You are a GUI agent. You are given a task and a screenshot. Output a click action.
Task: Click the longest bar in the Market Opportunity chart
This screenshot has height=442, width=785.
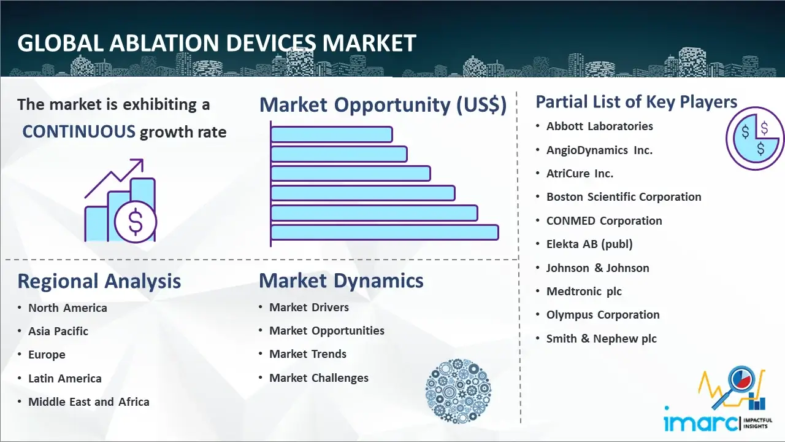385,233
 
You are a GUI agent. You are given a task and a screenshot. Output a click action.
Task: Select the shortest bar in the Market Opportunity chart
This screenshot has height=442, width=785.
332,134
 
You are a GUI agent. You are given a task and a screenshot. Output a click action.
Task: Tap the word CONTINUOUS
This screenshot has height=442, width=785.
79,132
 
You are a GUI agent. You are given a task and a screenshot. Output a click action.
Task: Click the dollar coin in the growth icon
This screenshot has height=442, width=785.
136,222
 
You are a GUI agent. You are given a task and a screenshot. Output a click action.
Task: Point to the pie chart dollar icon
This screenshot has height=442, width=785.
755,139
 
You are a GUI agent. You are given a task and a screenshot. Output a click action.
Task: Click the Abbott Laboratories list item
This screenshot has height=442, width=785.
600,126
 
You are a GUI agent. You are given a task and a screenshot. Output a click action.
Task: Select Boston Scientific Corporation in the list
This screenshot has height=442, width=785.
624,197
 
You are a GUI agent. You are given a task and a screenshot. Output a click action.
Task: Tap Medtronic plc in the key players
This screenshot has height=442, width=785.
584,292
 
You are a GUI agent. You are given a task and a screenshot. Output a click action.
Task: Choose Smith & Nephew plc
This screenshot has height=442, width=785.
602,338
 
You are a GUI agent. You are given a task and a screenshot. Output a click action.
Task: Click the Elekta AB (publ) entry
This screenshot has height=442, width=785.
589,244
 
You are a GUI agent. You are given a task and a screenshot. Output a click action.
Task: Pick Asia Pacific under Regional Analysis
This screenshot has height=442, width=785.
58,331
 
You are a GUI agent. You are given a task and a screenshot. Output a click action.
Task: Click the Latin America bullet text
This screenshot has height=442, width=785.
65,379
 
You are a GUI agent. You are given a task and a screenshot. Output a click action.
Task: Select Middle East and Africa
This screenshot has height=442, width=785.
89,402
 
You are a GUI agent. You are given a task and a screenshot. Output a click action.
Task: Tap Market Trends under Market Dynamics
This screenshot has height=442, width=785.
308,354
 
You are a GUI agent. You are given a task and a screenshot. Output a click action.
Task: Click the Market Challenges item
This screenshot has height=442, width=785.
319,378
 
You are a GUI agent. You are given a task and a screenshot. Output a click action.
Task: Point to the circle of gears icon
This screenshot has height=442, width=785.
458,391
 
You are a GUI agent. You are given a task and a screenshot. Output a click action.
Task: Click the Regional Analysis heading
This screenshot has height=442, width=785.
99,281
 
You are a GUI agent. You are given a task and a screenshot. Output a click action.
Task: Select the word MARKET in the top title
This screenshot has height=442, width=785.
369,43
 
